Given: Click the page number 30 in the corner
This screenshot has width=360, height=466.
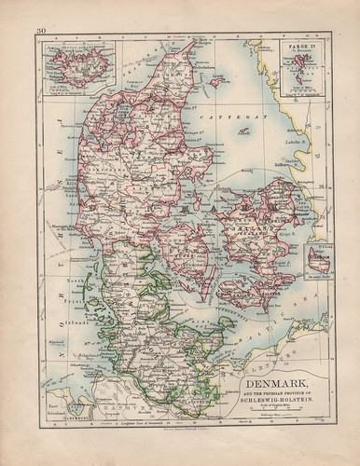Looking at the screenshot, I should (41, 32).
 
